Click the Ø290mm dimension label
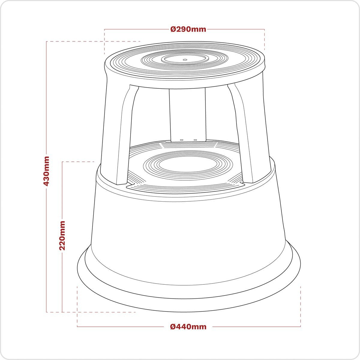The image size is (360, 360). click(188, 29)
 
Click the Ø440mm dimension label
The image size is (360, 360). click(188, 326)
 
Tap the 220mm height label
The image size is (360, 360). click(62, 235)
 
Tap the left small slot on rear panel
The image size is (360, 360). click(181, 139)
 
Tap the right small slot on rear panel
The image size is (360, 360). click(195, 139)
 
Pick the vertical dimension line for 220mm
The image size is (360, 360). click(62, 285)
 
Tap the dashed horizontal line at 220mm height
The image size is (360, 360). click(78, 162)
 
